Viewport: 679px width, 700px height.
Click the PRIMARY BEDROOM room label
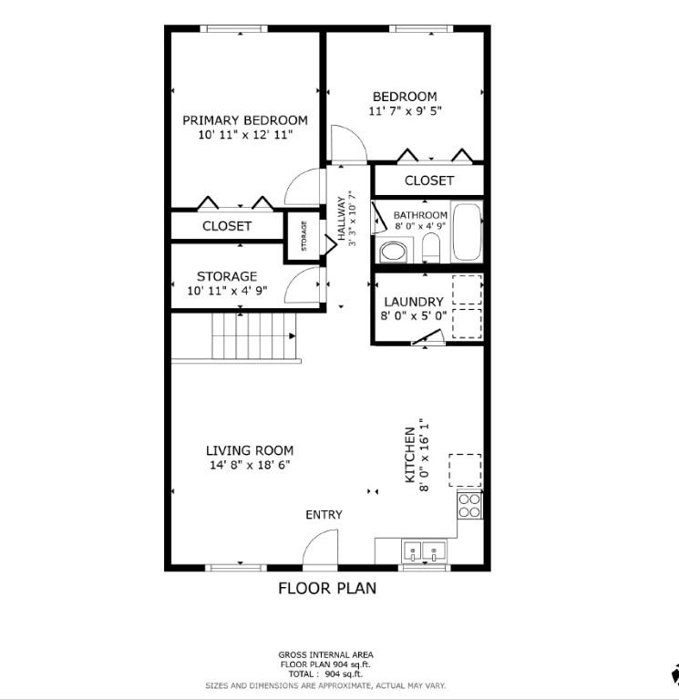click(245, 120)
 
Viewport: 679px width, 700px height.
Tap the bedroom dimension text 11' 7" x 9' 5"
click(405, 110)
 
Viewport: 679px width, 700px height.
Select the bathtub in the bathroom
click(467, 232)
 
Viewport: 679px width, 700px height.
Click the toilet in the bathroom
click(431, 249)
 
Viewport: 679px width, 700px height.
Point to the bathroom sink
click(394, 252)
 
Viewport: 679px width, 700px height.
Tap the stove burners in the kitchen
click(469, 505)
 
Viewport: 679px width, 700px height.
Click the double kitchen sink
click(424, 551)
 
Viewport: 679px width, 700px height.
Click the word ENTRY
click(324, 515)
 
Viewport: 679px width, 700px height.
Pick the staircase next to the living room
click(253, 336)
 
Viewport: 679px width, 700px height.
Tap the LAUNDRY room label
click(414, 302)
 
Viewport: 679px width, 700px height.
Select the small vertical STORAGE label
click(304, 236)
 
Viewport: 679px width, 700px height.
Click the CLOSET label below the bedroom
click(429, 180)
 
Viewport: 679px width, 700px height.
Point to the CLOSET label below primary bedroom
click(227, 226)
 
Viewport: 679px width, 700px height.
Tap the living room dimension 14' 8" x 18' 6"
click(250, 465)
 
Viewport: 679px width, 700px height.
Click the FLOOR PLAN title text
click(327, 589)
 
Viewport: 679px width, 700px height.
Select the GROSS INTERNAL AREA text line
click(326, 655)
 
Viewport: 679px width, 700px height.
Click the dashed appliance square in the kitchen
click(465, 470)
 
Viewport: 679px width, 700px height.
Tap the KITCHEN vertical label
click(410, 456)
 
